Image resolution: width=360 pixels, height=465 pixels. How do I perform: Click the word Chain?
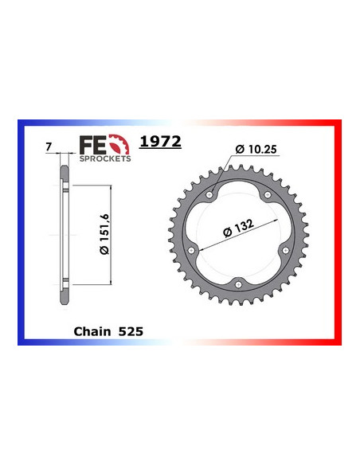point(91,330)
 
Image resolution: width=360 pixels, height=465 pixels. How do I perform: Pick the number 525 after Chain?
point(131,330)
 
